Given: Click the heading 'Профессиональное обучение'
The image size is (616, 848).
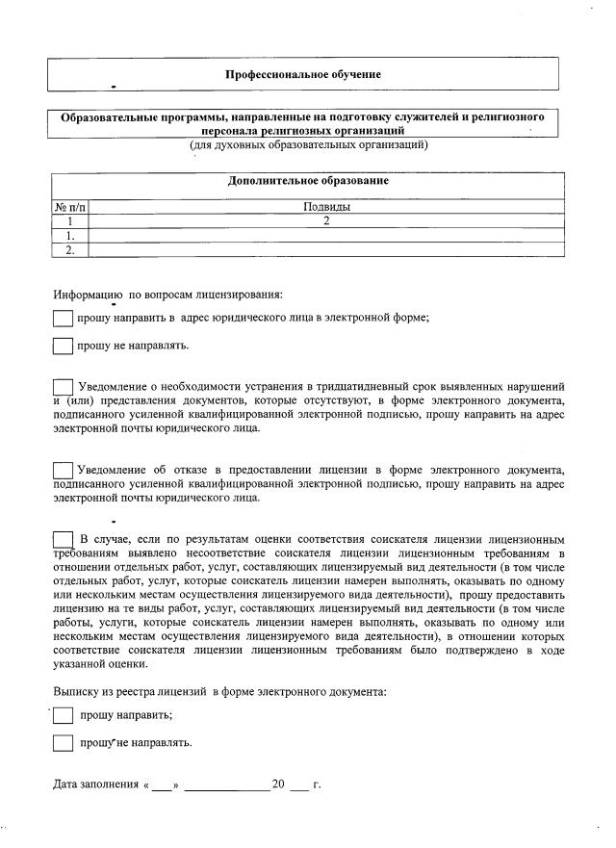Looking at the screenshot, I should tap(302, 75).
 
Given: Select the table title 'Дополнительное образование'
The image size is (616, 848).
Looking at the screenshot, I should tap(308, 181).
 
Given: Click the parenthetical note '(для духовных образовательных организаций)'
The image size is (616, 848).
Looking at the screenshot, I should tap(308, 145).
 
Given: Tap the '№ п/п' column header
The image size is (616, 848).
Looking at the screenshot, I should tap(69, 207).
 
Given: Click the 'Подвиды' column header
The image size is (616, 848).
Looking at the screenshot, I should tap(326, 207).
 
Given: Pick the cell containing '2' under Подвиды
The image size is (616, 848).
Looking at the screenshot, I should tap(326, 220).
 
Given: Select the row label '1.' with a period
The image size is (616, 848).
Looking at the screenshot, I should tap(69, 235).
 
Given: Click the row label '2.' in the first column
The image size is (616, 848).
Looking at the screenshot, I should tap(69, 249).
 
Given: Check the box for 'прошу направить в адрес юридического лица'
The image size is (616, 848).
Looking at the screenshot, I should tap(63, 319).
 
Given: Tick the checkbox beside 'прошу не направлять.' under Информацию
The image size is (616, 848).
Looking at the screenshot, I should tap(63, 347).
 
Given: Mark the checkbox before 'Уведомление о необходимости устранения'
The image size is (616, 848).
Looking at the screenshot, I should tap(63, 387).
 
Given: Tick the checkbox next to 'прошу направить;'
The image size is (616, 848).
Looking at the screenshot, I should tap(63, 715).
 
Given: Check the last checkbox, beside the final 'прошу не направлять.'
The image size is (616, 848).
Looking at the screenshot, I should tap(63, 743).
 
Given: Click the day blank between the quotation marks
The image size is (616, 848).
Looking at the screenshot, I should tap(161, 785).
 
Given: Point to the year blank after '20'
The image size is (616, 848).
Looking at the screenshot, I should tap(298, 785).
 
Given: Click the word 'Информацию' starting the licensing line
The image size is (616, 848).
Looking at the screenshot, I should tap(88, 294).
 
